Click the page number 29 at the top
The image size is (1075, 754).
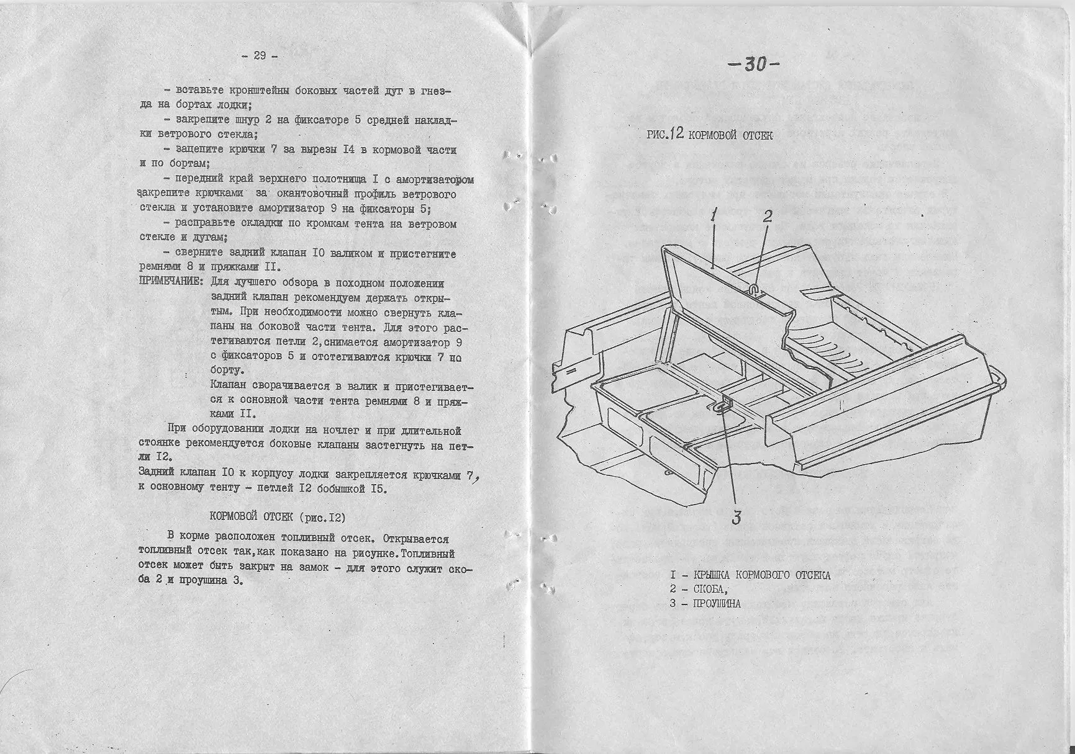260,56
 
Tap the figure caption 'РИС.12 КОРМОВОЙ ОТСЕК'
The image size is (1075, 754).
709,135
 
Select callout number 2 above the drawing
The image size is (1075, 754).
768,216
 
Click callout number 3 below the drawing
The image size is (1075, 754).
737,518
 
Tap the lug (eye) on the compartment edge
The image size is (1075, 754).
722,406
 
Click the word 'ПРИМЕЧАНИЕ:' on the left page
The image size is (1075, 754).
170,283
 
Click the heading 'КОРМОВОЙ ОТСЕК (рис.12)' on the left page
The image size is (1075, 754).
277,516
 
